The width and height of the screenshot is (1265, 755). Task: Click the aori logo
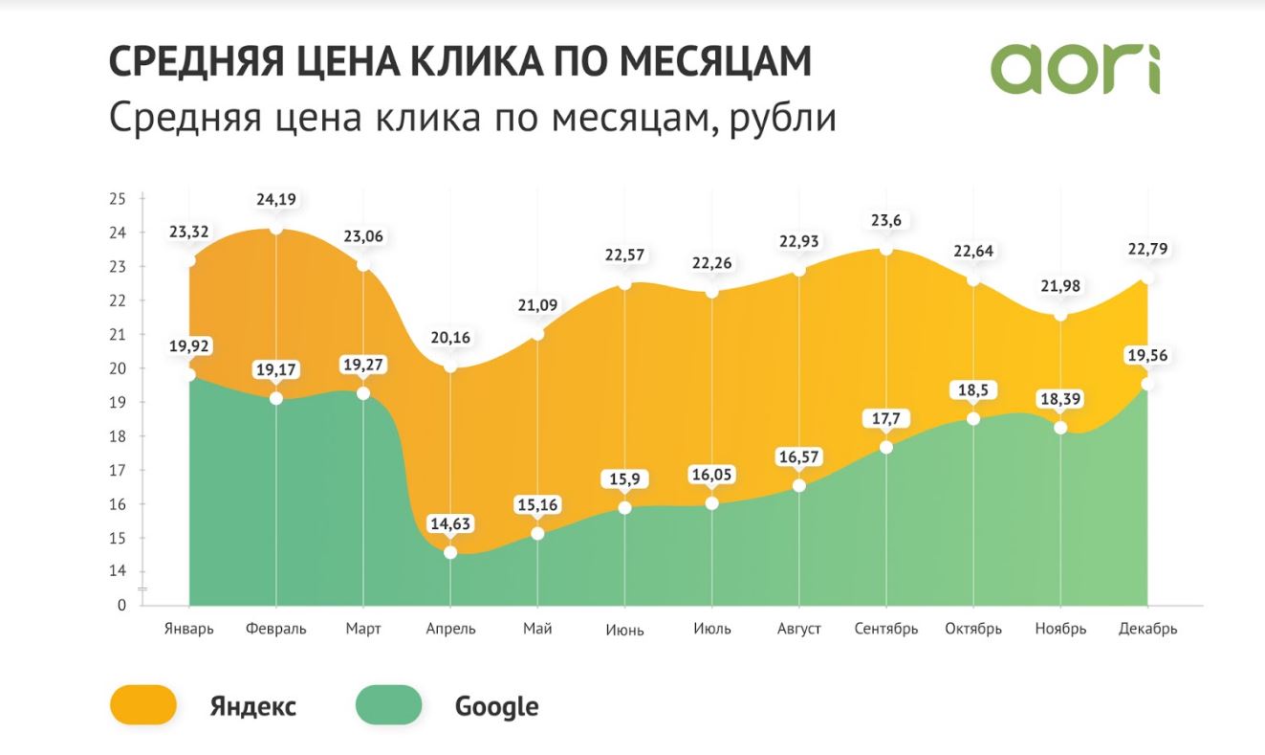coord(1075,68)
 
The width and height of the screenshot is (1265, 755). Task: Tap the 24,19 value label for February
coord(276,200)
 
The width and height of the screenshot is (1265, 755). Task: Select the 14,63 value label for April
coord(450,524)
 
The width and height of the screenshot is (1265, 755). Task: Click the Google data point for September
coord(886,447)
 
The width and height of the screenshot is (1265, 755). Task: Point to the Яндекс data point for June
coord(624,283)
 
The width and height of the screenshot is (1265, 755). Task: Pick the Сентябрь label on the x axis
coord(886,629)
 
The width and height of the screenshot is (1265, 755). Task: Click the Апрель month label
coord(450,629)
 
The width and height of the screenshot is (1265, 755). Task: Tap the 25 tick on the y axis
coord(118,199)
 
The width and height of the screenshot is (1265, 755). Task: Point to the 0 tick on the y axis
coord(121,605)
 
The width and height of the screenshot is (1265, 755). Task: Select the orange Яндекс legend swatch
coord(143,705)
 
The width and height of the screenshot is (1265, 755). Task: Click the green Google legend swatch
coord(388,705)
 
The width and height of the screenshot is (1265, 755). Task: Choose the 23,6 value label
coord(886,220)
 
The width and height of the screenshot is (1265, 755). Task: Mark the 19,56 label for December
coord(1147,356)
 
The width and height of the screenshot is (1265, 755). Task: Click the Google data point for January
coord(189,375)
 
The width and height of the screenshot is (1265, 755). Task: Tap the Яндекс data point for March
coord(363,264)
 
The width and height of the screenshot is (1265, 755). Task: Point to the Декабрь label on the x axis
coord(1147,629)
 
